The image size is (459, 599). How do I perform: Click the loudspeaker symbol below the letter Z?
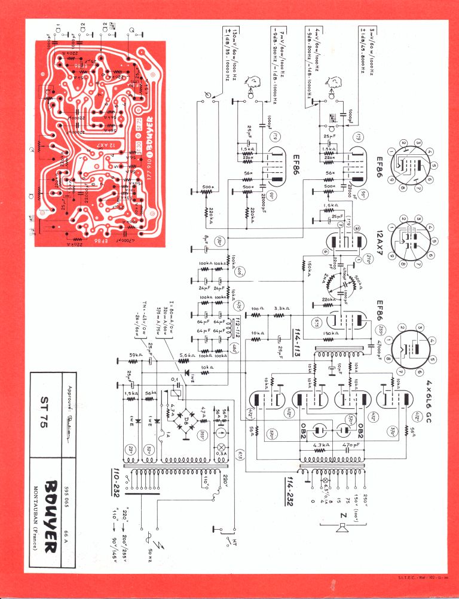point(341,528)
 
